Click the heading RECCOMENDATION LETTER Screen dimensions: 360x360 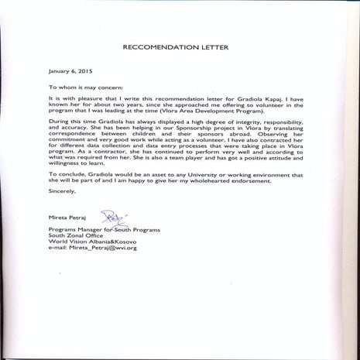[x=179, y=46]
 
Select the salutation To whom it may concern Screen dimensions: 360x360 [x=86, y=87]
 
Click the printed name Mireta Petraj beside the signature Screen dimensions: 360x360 [x=67, y=220]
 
